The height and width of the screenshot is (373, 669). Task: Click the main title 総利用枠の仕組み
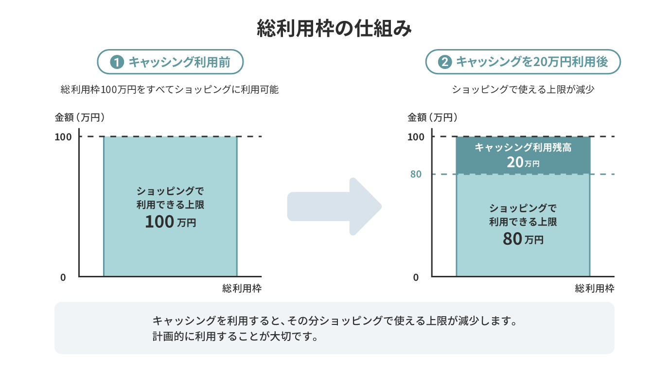(x=334, y=29)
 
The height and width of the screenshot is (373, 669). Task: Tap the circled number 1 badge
(x=117, y=62)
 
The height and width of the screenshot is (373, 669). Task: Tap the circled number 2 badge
(x=445, y=62)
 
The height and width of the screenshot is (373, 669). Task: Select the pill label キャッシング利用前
(x=170, y=62)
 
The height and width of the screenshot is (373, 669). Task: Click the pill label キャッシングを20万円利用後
(x=523, y=62)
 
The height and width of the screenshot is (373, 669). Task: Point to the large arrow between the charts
(x=334, y=206)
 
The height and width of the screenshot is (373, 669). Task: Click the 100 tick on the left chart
(x=63, y=137)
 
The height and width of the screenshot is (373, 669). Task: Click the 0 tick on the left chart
(x=63, y=277)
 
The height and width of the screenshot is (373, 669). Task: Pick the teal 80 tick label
(x=416, y=174)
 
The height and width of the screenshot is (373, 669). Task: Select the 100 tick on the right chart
(x=416, y=137)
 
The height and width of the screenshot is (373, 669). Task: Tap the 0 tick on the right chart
(x=416, y=277)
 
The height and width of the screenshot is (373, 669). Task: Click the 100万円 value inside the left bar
(x=171, y=221)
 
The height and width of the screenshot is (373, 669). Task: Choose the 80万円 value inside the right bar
(x=523, y=239)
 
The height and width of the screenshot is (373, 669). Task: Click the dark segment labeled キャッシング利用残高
(x=523, y=155)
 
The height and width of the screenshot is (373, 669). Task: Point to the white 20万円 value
(x=523, y=162)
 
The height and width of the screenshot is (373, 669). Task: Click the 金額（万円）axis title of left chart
(x=80, y=118)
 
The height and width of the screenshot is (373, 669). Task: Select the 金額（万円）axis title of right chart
(x=432, y=118)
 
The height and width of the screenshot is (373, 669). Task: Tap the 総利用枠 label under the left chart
(x=242, y=288)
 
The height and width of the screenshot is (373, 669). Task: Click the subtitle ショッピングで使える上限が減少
(x=523, y=89)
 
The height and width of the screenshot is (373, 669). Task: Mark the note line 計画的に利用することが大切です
(x=235, y=337)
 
